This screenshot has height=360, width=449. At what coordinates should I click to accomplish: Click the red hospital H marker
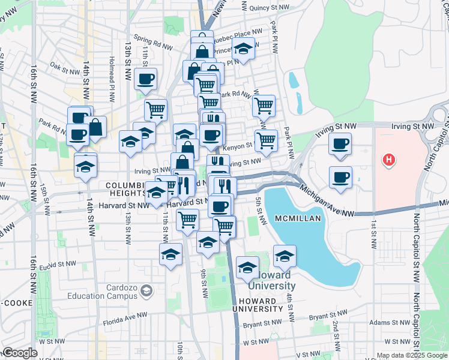coord(389,160)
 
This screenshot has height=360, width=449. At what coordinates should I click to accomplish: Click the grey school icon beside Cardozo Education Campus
coord(146,292)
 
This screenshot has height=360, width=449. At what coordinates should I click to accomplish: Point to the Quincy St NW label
coord(265,8)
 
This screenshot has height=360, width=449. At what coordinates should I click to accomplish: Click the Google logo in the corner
coord(20,353)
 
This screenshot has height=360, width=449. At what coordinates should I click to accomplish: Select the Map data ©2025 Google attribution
coord(412,355)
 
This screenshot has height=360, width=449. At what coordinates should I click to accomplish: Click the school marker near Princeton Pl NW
coord(243,49)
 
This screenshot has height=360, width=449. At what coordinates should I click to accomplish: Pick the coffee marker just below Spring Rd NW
coord(146,79)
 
